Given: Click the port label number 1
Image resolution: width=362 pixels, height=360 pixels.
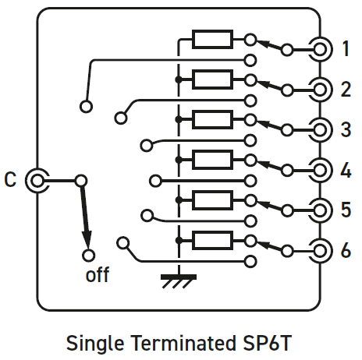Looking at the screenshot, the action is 346,48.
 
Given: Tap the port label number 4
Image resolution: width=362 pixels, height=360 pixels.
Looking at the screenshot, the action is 346,170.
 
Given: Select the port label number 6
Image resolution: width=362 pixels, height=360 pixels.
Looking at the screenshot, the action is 346,250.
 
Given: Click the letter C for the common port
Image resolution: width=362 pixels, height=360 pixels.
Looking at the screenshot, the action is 10,179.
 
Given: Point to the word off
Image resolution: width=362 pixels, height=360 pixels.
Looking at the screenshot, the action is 98,274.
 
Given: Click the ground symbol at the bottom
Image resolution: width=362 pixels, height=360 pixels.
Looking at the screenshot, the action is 179,281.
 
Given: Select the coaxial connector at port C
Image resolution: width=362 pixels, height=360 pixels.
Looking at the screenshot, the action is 37,180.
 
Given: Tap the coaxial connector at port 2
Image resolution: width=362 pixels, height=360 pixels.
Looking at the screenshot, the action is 320,90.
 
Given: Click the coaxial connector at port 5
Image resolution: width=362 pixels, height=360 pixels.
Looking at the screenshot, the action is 320,210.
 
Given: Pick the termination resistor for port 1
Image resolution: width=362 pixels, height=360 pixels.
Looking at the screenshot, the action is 212,40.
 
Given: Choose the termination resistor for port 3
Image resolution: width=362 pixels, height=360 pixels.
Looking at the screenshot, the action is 212,119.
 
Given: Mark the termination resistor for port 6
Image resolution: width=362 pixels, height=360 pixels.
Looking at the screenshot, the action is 212,241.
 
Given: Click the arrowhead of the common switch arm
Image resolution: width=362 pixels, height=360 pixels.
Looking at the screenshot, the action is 87,238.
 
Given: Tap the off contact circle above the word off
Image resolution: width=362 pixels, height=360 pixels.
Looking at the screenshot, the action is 89,256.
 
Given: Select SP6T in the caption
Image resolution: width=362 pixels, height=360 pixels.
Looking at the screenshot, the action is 268,343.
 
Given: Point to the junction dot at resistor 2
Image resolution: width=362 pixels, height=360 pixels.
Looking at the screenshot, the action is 179,79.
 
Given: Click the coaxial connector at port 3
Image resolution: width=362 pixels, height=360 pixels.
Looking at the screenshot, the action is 320,130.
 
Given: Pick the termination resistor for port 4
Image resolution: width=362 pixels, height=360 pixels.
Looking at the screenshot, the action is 212,160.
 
